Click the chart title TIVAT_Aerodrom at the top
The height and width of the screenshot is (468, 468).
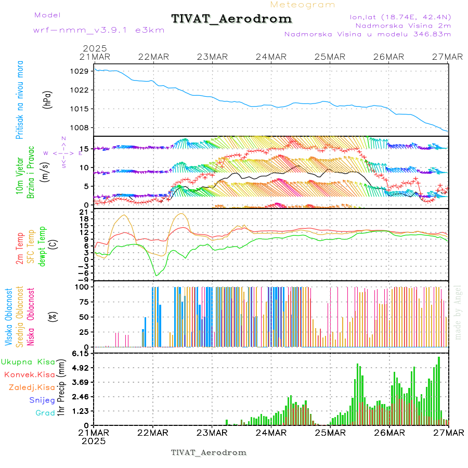pyautogui.click(x=232, y=19)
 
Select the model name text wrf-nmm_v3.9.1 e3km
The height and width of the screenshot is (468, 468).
pyautogui.click(x=99, y=30)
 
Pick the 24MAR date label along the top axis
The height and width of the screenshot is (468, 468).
pyautogui.click(x=271, y=57)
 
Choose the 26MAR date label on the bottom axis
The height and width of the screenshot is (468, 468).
pyautogui.click(x=389, y=433)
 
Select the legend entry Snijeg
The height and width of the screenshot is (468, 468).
pyautogui.click(x=42, y=400)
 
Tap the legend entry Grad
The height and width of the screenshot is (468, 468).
pyautogui.click(x=45, y=413)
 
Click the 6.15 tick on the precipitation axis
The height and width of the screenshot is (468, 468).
pyautogui.click(x=82, y=354)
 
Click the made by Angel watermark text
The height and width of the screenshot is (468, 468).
pyautogui.click(x=458, y=312)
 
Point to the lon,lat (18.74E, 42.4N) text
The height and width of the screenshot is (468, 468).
pyautogui.click(x=401, y=17)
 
